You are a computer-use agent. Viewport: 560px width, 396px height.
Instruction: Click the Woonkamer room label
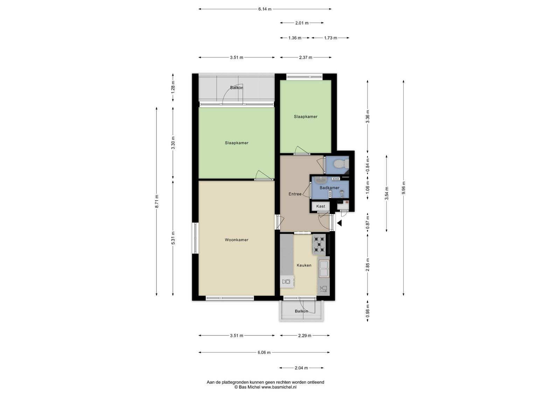pos(237,240)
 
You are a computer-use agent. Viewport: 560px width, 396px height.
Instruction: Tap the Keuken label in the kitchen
pos(304,265)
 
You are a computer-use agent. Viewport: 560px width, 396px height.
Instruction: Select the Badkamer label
pos(329,188)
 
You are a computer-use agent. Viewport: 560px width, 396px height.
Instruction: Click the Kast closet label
pos(321,206)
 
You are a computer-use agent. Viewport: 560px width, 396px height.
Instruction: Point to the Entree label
pos(295,194)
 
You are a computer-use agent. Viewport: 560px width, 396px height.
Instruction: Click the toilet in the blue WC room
pos(342,164)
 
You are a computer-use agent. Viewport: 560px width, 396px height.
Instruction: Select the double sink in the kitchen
pos(324,268)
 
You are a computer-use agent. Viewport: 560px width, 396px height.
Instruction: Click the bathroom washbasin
pos(321,179)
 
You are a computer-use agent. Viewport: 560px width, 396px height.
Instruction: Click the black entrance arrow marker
pos(339,223)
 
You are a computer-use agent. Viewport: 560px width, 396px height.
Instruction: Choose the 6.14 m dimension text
pos(265,9)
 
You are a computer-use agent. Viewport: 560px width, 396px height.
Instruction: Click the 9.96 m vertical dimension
pos(404,188)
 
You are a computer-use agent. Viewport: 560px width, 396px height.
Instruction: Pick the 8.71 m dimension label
pos(157,201)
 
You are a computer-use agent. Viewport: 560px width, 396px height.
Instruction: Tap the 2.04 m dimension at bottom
pos(301,368)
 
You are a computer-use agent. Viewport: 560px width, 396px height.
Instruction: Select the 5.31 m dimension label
pos(173,238)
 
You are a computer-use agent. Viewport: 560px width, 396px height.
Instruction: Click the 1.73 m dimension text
pos(330,38)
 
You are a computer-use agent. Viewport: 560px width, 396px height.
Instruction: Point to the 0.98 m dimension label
pos(367,311)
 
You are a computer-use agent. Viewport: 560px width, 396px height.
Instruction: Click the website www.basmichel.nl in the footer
pos(279,387)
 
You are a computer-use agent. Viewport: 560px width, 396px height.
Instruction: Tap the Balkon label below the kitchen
pos(301,311)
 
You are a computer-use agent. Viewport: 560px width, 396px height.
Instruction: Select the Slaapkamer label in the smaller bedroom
pos(306,117)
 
